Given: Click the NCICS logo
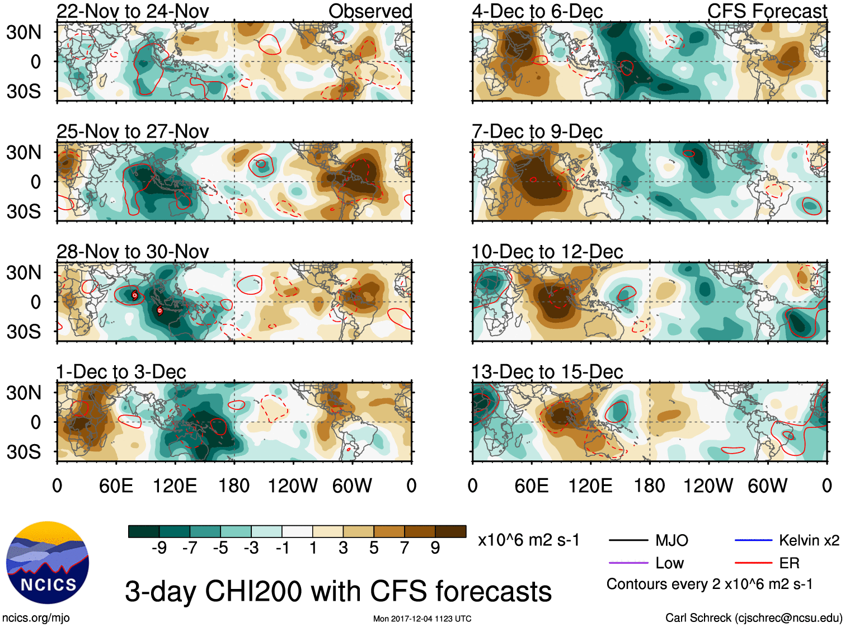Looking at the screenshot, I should (48, 563).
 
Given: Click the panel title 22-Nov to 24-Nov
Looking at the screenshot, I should (133, 11).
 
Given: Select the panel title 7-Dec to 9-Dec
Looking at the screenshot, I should (537, 131).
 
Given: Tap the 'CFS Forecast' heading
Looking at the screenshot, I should (767, 11).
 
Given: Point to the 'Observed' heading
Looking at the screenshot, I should (370, 11).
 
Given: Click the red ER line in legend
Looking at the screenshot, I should (753, 563).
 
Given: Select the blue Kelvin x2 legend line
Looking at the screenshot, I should (753, 540).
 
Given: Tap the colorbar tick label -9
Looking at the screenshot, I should (159, 548).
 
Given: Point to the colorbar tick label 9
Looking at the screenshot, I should (435, 548).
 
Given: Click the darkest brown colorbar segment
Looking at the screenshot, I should (450, 531).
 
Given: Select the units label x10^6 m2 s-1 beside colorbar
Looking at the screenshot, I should (528, 540).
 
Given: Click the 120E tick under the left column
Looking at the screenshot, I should (175, 485).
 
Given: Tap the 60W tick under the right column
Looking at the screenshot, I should (767, 485).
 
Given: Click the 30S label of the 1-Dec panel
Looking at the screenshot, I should (24, 452).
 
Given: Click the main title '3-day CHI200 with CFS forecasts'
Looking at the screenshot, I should (338, 591).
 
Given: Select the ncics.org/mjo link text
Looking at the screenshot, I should (36, 618).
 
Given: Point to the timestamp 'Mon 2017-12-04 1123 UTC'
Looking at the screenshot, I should (422, 619).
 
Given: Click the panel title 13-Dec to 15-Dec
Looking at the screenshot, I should (547, 372).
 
